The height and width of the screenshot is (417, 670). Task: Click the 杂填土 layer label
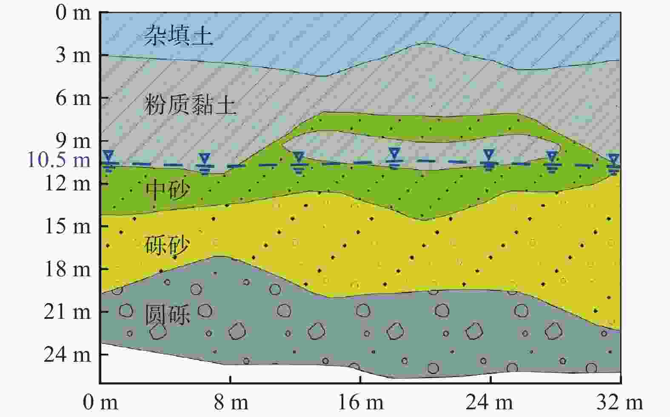179,35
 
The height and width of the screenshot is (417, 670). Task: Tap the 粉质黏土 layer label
191,104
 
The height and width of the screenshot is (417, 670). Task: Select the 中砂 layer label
168,190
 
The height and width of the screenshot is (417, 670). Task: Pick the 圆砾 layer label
168,314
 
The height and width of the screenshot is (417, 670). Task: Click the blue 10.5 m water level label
59,160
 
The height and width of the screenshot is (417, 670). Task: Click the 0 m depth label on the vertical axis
73,13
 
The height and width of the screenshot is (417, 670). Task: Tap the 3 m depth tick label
73,55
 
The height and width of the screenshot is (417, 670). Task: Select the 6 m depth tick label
73,98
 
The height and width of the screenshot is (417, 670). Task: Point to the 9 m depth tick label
73,141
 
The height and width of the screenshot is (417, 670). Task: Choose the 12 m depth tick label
67,183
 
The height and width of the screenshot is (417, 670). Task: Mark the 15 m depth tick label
67,226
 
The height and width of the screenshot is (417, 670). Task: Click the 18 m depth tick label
67,269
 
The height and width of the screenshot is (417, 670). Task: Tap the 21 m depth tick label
67,312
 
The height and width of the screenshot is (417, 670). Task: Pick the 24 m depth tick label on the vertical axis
67,355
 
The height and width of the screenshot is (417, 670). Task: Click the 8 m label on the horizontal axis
231,403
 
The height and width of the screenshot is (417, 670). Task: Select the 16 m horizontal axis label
361,403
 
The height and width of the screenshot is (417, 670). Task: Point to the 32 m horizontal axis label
619,403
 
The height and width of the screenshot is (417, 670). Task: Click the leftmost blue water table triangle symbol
108,156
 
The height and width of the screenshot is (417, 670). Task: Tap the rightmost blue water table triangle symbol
614,159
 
